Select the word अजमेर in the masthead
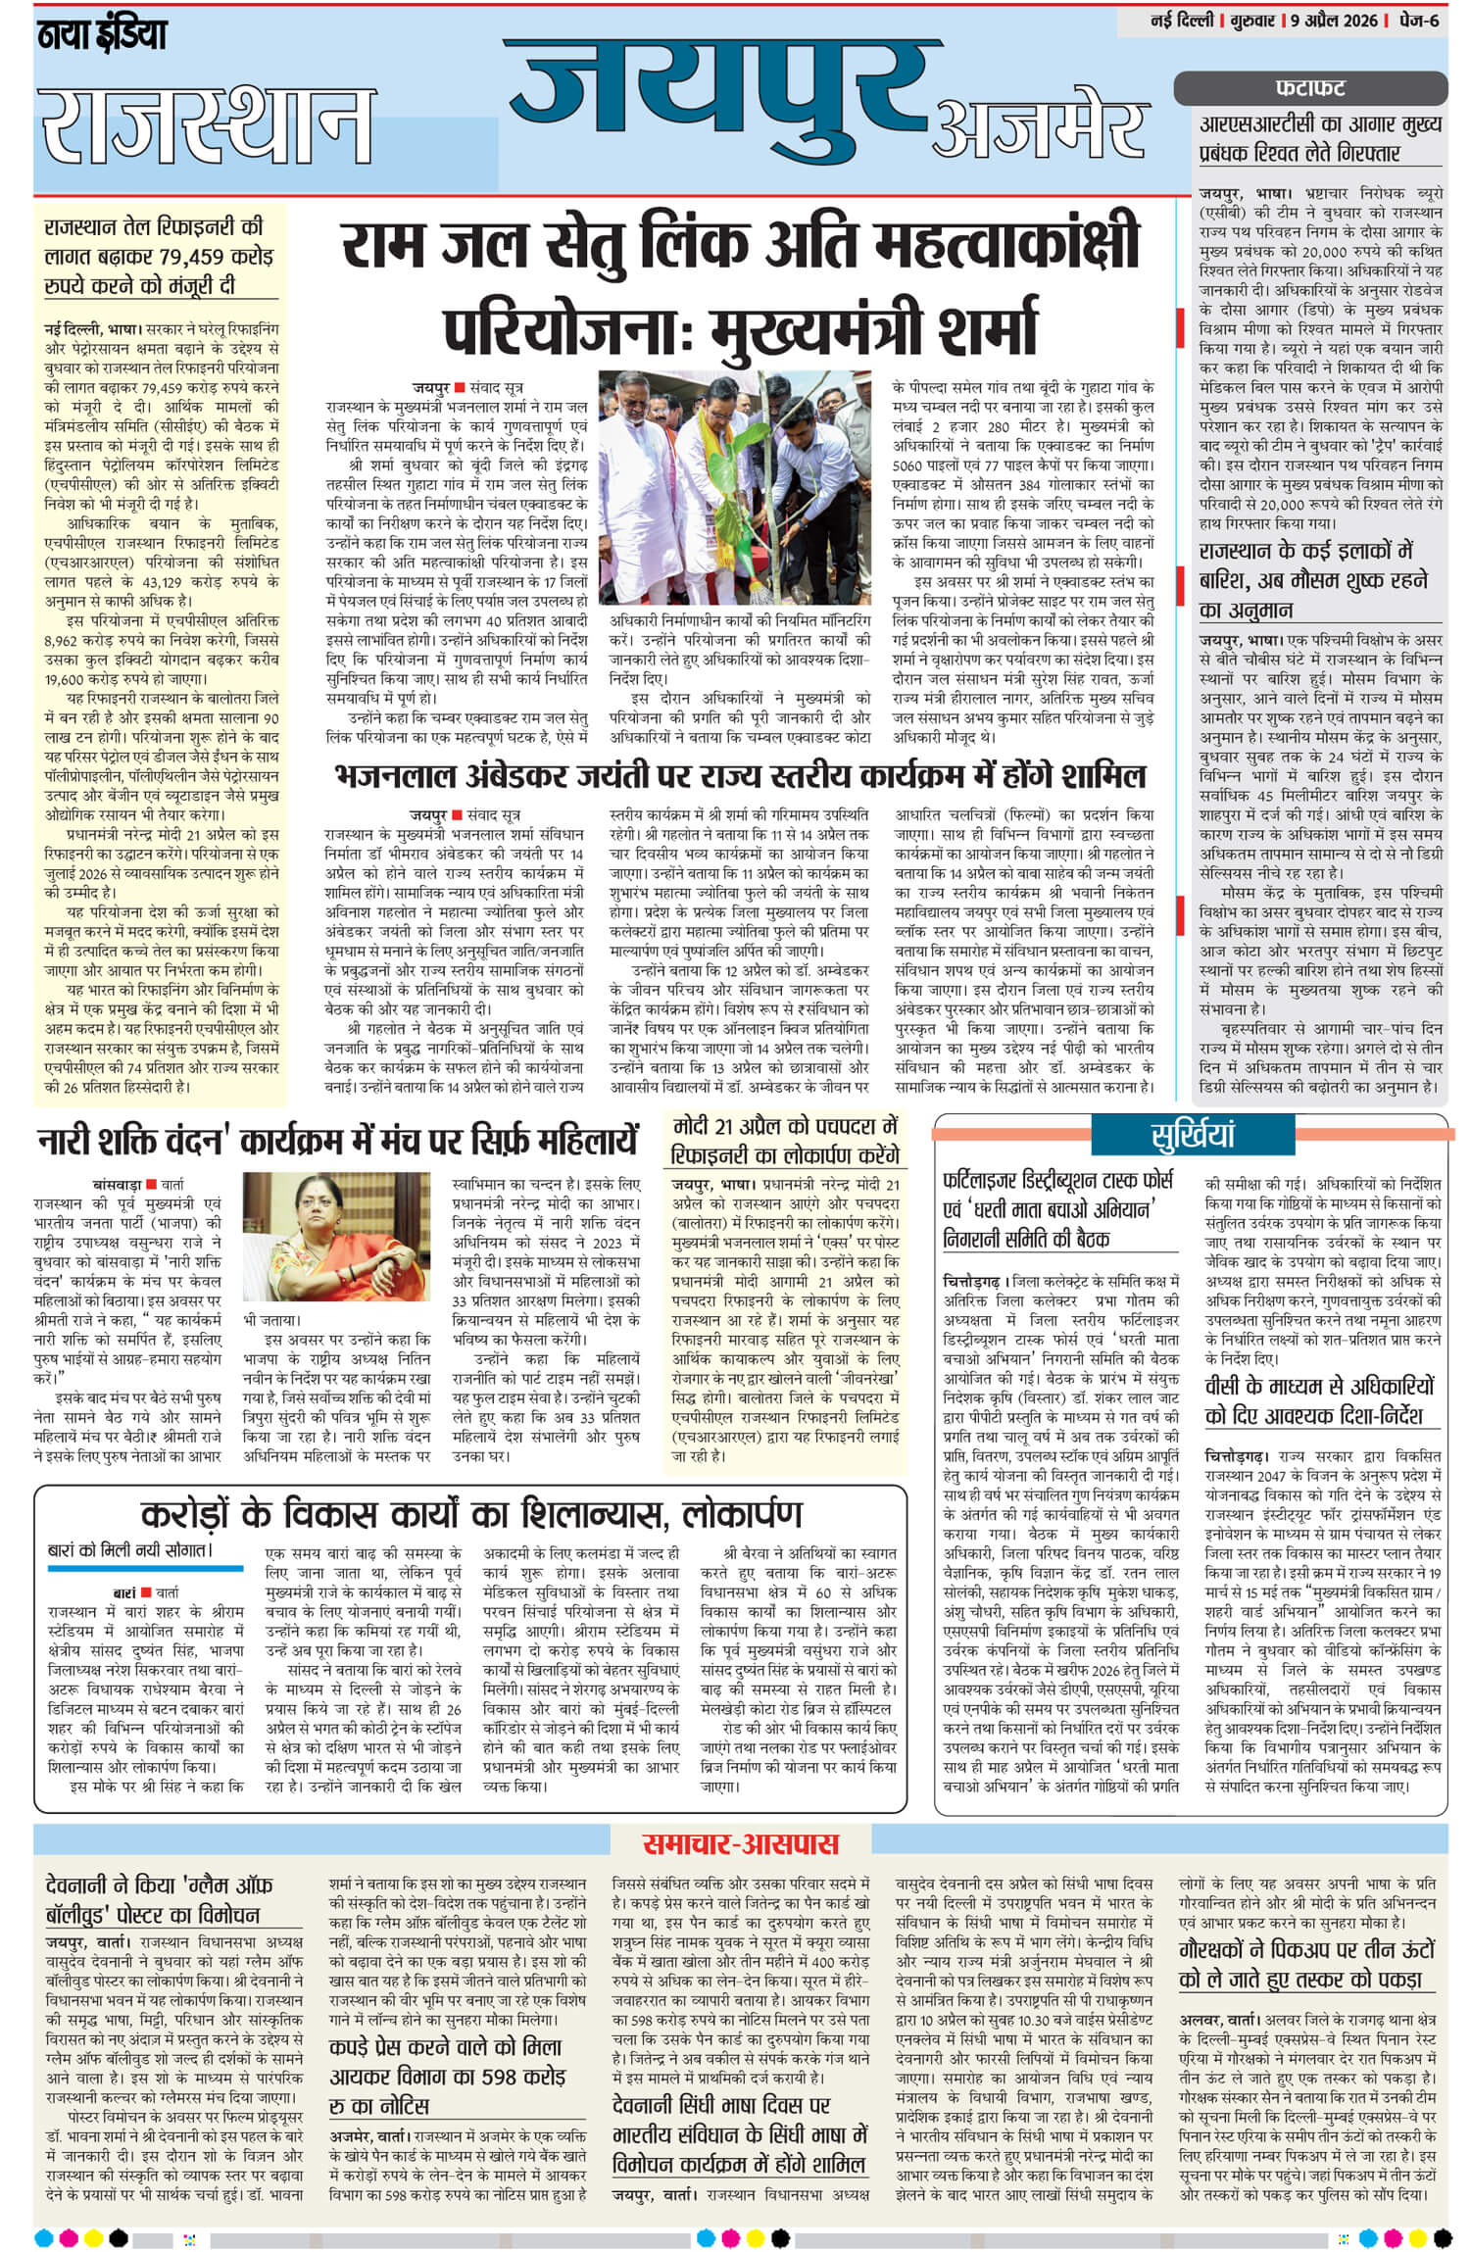[x=1042, y=130]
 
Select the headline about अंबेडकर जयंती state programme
[x=740, y=776]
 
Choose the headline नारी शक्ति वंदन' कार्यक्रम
[x=338, y=1143]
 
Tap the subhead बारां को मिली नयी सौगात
[x=129, y=1551]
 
